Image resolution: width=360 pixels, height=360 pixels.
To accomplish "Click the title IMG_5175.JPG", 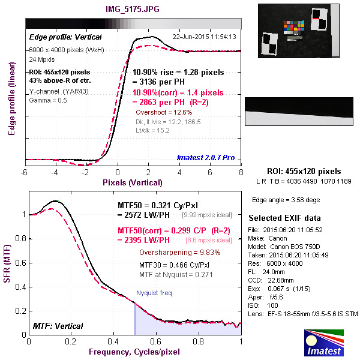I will [x=133, y=10].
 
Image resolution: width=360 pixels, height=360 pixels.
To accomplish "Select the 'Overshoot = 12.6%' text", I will [x=164, y=112].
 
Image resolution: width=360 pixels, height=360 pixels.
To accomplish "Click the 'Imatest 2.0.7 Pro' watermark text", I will [x=206, y=158].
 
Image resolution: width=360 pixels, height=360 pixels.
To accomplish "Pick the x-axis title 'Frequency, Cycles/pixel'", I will [x=134, y=351].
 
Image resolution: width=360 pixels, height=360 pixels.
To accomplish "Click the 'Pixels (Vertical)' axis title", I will [x=133, y=181].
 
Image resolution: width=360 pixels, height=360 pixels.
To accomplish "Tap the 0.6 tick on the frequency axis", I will [x=157, y=341].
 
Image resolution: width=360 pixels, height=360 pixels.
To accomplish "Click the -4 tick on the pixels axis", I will [x=54, y=172].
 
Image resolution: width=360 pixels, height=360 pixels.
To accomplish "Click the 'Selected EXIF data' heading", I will [x=284, y=217].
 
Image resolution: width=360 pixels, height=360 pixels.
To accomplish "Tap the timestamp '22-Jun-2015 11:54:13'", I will [x=204, y=37].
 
